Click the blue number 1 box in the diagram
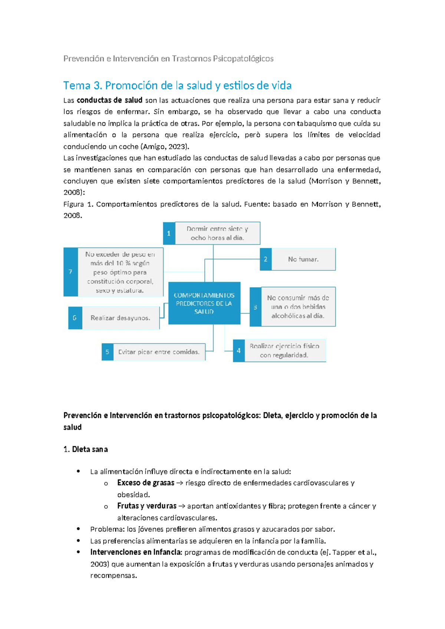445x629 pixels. coord(169,233)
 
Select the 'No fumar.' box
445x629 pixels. coord(303,259)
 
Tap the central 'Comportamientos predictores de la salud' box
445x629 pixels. coord(204,303)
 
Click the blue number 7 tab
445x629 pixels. coord(70,272)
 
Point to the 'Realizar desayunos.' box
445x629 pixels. coord(120,318)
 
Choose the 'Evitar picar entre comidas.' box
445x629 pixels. coord(159,352)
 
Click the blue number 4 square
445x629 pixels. coord(238,350)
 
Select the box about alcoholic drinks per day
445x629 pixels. coord(298,307)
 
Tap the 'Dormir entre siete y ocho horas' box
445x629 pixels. coord(217,233)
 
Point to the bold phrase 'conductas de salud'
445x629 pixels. coord(109,100)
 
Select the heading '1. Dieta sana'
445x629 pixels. coord(86,449)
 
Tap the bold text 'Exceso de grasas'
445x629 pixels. coord(146,483)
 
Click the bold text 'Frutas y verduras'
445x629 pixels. coord(147,506)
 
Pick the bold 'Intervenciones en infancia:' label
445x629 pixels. coord(136,552)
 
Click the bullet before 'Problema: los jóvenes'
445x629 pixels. coord(78,529)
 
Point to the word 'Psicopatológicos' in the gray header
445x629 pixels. coord(243,59)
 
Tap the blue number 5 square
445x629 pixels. coord(107,352)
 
